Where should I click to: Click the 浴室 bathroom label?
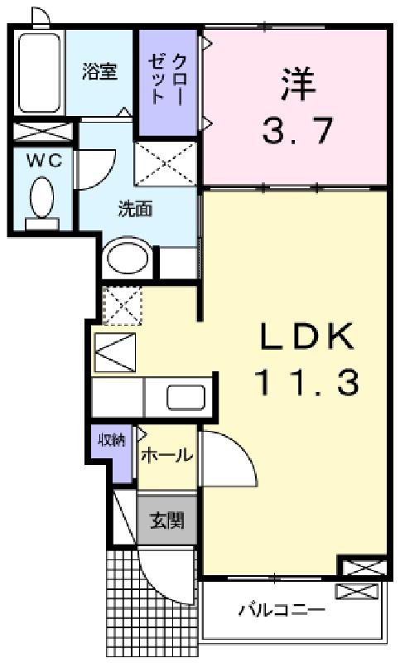click(x=99, y=71)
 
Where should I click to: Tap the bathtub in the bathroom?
click(x=39, y=73)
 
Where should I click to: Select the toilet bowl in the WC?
click(x=41, y=198)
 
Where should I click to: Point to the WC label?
click(x=44, y=161)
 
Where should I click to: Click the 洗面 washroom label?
click(x=135, y=210)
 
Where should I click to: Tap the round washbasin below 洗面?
click(x=128, y=259)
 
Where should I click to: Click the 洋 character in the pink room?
click(x=298, y=85)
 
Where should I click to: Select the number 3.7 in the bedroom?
click(x=297, y=131)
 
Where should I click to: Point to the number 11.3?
click(x=307, y=382)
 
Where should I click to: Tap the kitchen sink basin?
click(x=186, y=398)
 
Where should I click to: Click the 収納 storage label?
click(x=112, y=440)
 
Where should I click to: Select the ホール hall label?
click(x=167, y=455)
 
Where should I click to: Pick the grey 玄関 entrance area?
click(x=167, y=520)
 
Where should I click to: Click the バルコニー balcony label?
click(x=282, y=610)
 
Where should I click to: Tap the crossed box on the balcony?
click(x=356, y=591)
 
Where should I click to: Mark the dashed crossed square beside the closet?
click(x=166, y=163)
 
